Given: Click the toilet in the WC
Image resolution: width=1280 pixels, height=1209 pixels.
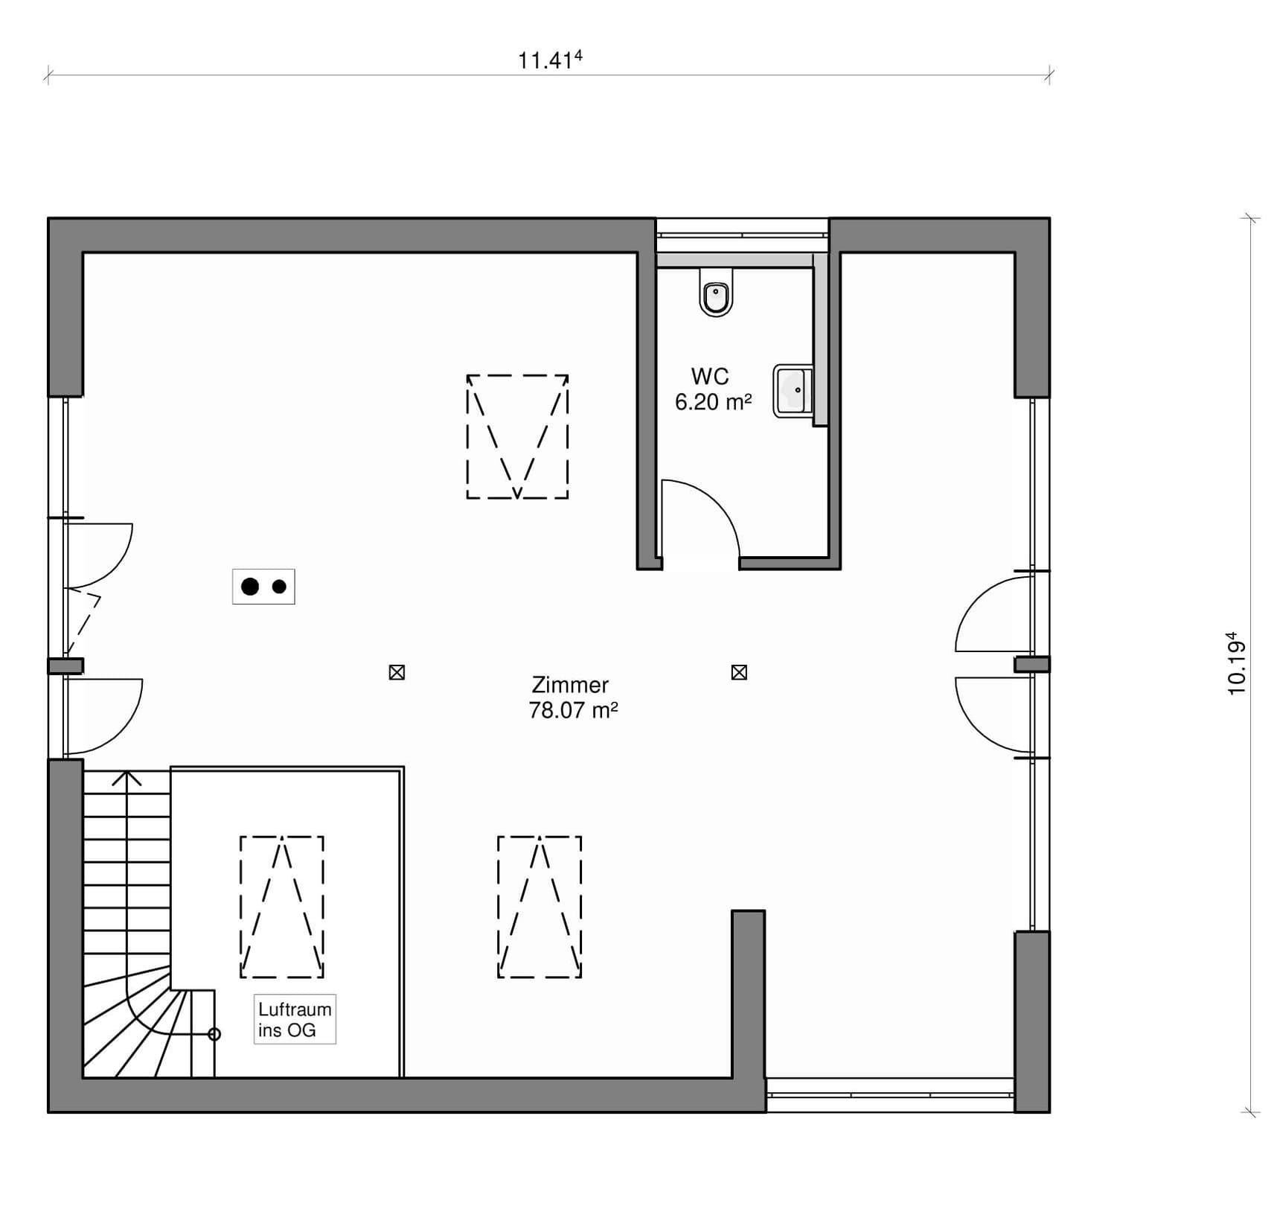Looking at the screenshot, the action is click(716, 292).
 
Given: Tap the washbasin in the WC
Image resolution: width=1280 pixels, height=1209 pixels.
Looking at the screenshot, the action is click(793, 390).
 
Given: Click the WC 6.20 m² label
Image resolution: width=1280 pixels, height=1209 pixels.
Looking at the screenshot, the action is click(713, 389).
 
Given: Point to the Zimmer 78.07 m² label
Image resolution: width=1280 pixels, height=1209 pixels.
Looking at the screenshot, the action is click(573, 698).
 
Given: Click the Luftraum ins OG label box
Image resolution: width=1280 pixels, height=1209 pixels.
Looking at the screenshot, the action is click(295, 1019).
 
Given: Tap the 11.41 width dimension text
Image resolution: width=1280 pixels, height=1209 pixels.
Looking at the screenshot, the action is click(550, 60).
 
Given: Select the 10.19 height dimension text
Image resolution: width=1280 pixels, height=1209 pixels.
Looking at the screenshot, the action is click(1236, 663).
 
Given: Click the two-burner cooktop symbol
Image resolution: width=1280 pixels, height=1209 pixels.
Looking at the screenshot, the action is click(263, 587).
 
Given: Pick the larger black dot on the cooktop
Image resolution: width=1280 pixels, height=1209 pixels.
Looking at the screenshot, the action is click(250, 587).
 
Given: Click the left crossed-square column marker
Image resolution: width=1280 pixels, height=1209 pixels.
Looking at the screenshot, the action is click(397, 672).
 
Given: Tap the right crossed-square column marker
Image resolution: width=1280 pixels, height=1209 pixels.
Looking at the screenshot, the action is click(739, 672).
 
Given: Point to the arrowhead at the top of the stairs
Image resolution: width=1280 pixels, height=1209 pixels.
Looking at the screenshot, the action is click(127, 777).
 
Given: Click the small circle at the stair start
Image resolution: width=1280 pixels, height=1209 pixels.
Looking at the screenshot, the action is click(214, 1034).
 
